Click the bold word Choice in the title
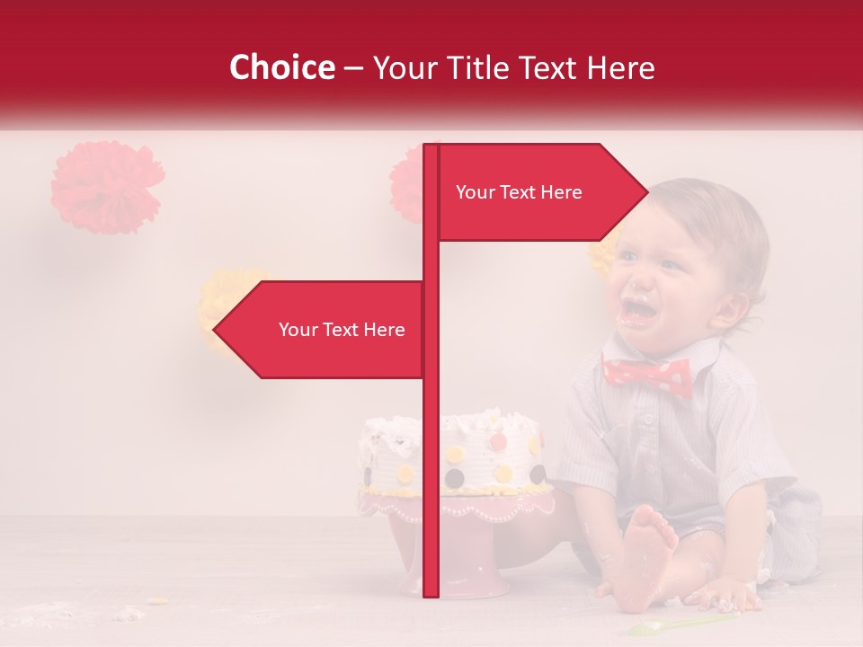[x=281, y=67]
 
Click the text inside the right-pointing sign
[x=519, y=192]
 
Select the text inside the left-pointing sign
[x=342, y=330]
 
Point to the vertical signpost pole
[x=431, y=449]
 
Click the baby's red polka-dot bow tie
[x=647, y=376]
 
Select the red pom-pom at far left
[x=107, y=187]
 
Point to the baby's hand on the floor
[x=728, y=594]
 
